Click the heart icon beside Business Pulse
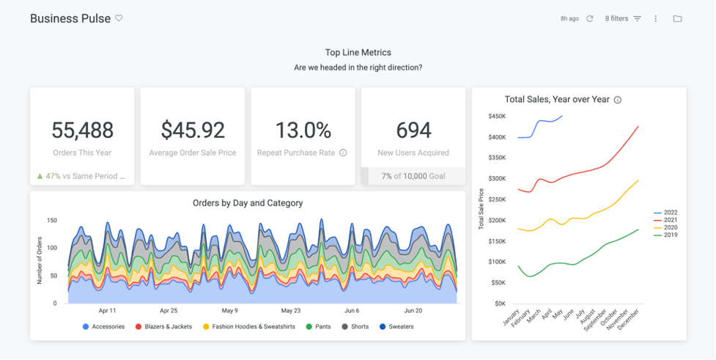(x=119, y=18)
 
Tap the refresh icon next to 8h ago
(x=590, y=18)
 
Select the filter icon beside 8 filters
(x=637, y=18)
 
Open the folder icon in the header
(x=677, y=18)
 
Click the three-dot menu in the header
(x=656, y=18)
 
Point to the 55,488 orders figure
(x=82, y=131)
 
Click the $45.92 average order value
(x=193, y=131)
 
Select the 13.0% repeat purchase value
(x=303, y=131)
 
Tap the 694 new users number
(x=413, y=131)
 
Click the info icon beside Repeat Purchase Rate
(x=343, y=153)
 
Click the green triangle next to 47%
(x=40, y=176)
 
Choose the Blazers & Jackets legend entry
(x=164, y=326)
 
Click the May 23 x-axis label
(x=291, y=310)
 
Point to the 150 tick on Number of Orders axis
(x=52, y=220)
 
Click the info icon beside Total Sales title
(x=618, y=100)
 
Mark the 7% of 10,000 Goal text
(x=413, y=176)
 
